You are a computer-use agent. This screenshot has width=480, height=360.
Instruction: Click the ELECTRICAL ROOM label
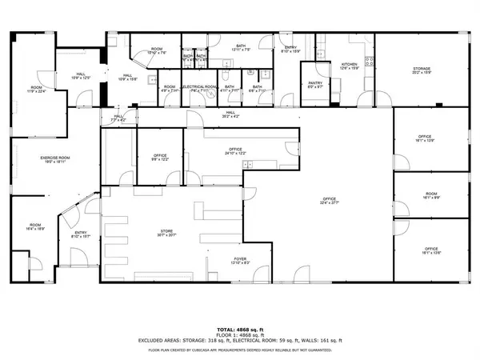pyautogui.click(x=199, y=88)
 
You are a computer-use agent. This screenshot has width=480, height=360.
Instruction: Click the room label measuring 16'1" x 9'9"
pyautogui.click(x=431, y=195)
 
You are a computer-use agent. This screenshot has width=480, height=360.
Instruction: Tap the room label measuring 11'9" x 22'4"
pyautogui.click(x=37, y=89)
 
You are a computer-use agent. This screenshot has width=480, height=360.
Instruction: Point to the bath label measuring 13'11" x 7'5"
pyautogui.click(x=240, y=48)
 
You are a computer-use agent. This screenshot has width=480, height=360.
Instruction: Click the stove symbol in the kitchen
pyautogui.click(x=369, y=59)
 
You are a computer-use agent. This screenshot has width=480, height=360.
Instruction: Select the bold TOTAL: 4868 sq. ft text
pyautogui.click(x=239, y=329)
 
